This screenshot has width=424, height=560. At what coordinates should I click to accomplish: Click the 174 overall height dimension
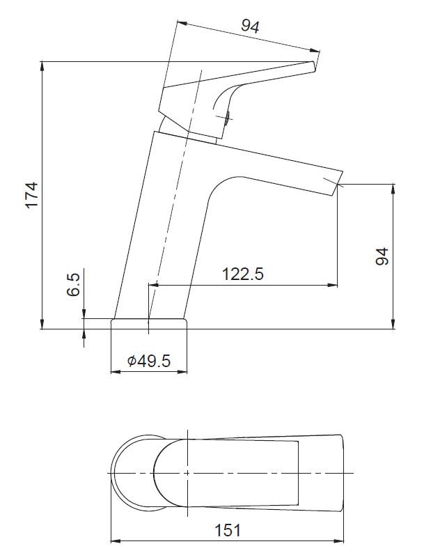point(31,195)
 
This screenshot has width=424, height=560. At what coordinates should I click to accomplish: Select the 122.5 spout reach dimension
point(243,274)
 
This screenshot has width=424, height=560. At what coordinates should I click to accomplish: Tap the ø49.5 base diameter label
point(149,361)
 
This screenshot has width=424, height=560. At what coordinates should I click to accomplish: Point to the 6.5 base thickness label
point(73,285)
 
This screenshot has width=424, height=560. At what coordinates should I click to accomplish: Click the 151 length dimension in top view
point(228,530)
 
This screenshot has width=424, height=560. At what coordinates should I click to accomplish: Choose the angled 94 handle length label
point(250,26)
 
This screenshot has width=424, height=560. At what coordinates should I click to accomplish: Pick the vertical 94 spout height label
point(382,256)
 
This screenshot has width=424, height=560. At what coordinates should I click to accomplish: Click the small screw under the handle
point(227,118)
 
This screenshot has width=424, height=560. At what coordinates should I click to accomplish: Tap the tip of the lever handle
point(313,66)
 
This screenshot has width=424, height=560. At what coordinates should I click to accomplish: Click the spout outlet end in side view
point(338,183)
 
